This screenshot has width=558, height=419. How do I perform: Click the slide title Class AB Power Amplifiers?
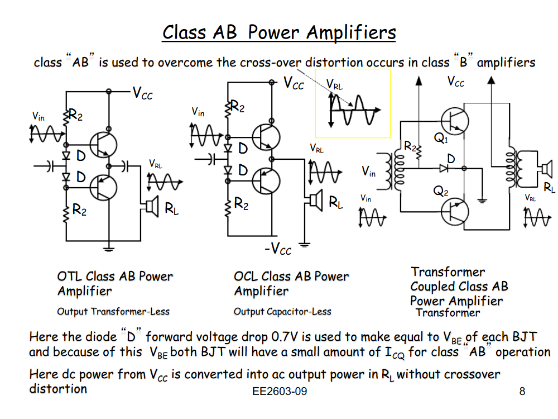click(x=279, y=32)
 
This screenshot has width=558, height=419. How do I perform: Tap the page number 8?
click(x=522, y=392)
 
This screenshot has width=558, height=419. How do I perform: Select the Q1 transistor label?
click(x=441, y=139)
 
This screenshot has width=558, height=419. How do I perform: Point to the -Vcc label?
click(x=277, y=249)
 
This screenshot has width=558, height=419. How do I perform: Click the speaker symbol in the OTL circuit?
click(x=149, y=207)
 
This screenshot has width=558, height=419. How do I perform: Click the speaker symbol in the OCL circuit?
click(x=315, y=199)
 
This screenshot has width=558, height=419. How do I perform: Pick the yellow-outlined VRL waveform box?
click(x=353, y=104)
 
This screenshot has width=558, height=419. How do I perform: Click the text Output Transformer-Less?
click(x=113, y=312)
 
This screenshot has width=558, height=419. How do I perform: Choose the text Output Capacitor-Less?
click(x=282, y=312)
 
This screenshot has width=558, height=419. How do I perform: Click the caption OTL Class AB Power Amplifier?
click(x=115, y=284)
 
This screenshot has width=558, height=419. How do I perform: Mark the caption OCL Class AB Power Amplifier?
click(x=291, y=284)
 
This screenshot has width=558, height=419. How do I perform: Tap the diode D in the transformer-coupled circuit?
click(x=443, y=167)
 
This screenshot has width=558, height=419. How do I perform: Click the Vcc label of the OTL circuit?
click(x=143, y=93)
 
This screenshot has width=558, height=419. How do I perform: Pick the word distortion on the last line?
click(x=58, y=388)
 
